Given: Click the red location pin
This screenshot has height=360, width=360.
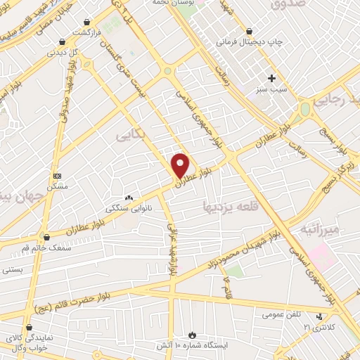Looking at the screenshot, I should click(181, 165).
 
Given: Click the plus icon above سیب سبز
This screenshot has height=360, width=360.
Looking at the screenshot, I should click(272, 77).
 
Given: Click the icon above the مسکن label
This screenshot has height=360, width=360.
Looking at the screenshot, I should click(57, 176).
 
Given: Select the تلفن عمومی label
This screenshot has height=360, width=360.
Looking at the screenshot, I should click(278, 314).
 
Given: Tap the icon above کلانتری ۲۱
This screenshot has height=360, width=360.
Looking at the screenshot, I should click(320, 317).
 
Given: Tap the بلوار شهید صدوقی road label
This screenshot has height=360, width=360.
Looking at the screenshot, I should click(62, 94).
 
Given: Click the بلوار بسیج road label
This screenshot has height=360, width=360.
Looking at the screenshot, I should click(341, 146).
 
